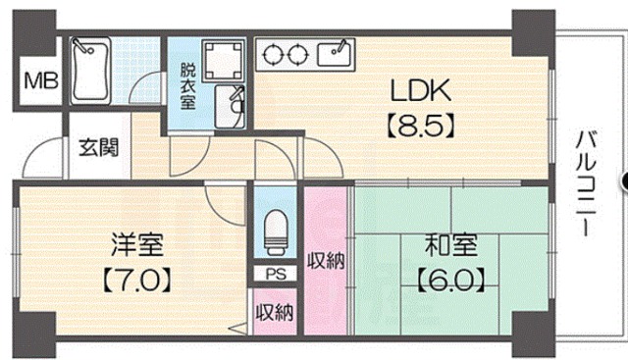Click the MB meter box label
point(41,80)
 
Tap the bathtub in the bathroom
point(90,71)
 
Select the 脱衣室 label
point(187,86)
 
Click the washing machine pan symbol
point(224,60)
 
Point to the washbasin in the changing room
point(230,106)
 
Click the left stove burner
point(275,54)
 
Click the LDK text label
point(421,90)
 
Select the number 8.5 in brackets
point(421,126)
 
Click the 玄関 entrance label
point(98,147)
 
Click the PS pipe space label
point(276,274)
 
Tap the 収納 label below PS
point(275,312)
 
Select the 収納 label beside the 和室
point(326,261)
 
